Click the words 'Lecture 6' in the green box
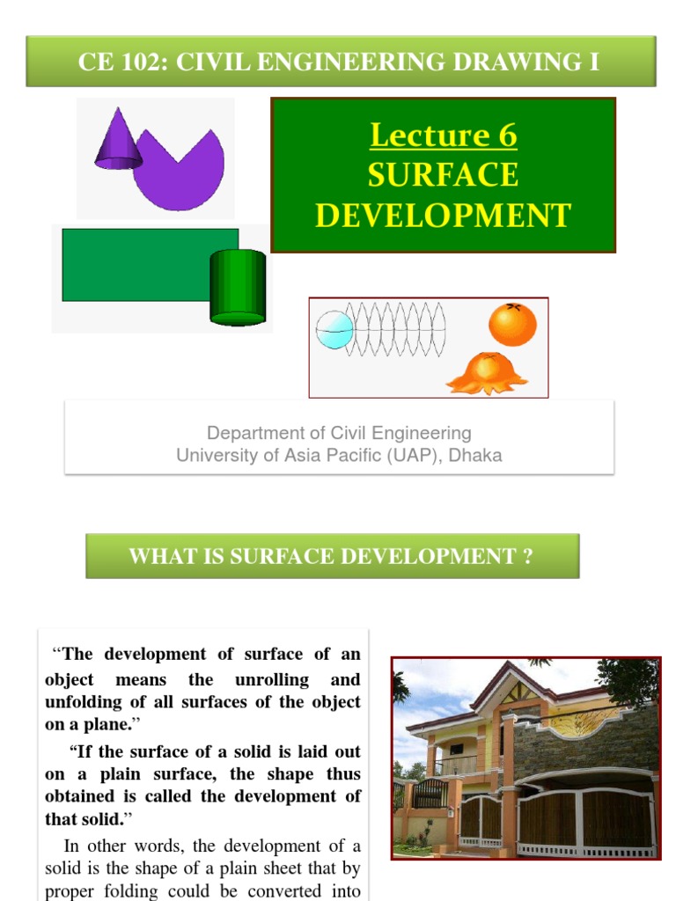point(443,136)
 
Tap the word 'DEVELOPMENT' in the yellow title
point(443,216)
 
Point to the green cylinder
point(237,286)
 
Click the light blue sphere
point(334,330)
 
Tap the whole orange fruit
point(512,325)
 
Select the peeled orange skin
point(487,373)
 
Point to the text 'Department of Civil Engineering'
point(339,433)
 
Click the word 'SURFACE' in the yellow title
point(443,175)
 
